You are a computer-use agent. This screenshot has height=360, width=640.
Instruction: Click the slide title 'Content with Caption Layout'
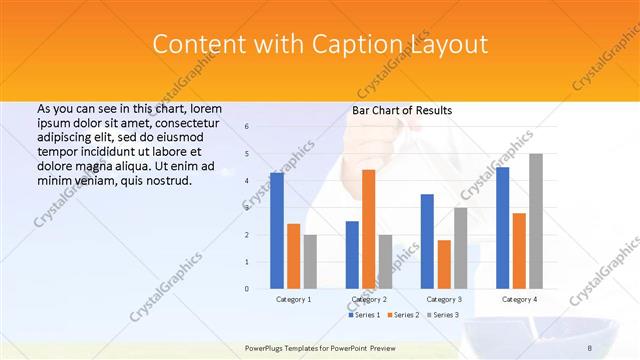[x=320, y=45]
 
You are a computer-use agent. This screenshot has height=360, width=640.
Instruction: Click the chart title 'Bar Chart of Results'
[x=401, y=110]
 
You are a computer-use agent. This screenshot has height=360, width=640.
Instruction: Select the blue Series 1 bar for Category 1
[x=276, y=230]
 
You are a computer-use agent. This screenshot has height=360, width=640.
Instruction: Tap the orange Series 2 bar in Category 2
[x=368, y=229]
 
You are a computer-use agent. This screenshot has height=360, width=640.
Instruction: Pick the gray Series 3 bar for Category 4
[x=536, y=221]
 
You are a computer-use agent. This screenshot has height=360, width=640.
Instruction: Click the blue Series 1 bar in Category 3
[x=427, y=241]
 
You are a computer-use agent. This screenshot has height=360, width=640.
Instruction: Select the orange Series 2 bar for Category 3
[x=444, y=264]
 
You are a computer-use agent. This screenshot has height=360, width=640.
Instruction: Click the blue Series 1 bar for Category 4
[x=502, y=227]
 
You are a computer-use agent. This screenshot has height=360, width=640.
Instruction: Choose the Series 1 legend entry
[x=365, y=315]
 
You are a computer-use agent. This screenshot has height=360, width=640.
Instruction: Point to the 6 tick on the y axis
[x=247, y=127]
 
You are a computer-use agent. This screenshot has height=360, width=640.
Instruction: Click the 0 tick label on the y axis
[x=247, y=289]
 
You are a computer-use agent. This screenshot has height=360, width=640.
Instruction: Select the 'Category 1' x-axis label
[x=293, y=299]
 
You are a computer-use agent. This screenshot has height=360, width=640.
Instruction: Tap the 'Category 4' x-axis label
[x=519, y=299]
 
